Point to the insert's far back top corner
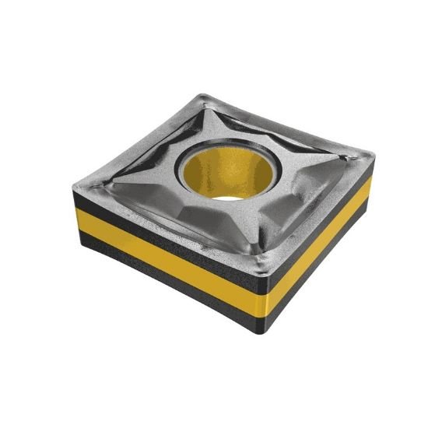[x=204, y=98]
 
